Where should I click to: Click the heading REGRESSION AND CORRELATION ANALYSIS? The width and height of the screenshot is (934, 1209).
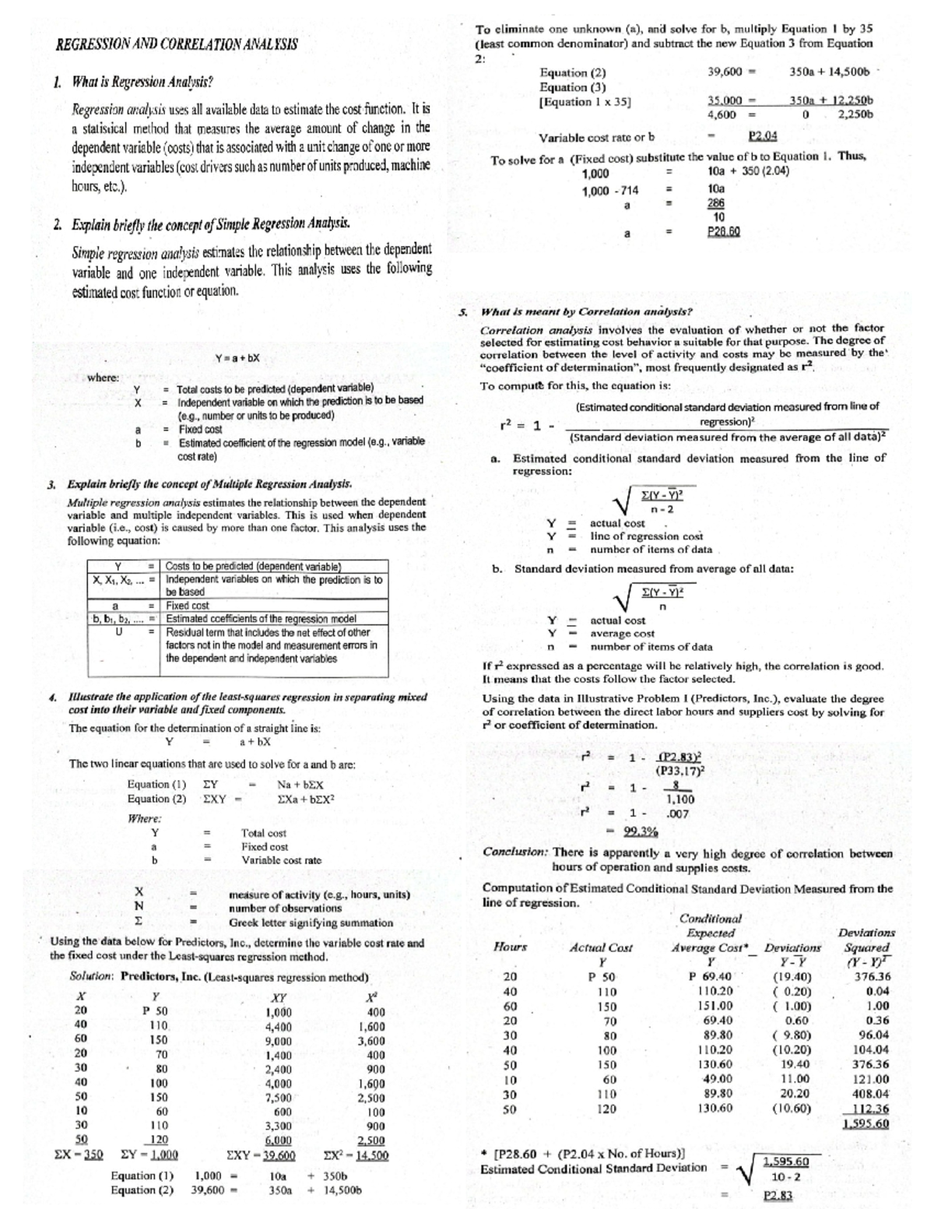[x=177, y=44]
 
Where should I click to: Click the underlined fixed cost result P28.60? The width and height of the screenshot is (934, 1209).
[x=723, y=232]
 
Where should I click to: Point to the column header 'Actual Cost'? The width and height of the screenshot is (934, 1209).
[x=601, y=947]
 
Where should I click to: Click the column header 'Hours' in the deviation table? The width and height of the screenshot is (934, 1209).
[x=511, y=947]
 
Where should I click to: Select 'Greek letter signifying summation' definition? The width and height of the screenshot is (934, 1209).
[x=311, y=923]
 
